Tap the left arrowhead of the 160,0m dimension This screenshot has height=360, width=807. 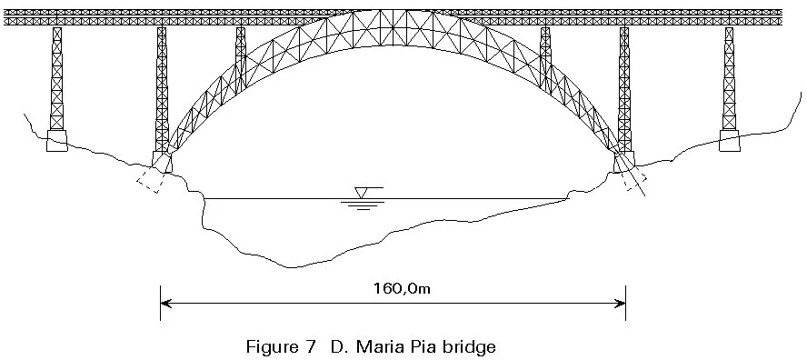pyautogui.click(x=164, y=303)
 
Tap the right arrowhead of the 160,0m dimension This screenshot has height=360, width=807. pyautogui.click(x=621, y=303)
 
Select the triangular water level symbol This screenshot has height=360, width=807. pyautogui.click(x=363, y=192)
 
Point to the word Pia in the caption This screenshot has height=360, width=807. pyautogui.click(x=431, y=346)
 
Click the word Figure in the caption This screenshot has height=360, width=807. pyautogui.click(x=271, y=346)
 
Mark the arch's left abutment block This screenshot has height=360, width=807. pyautogui.click(x=162, y=163)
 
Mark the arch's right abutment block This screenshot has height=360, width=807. pyautogui.click(x=624, y=163)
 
